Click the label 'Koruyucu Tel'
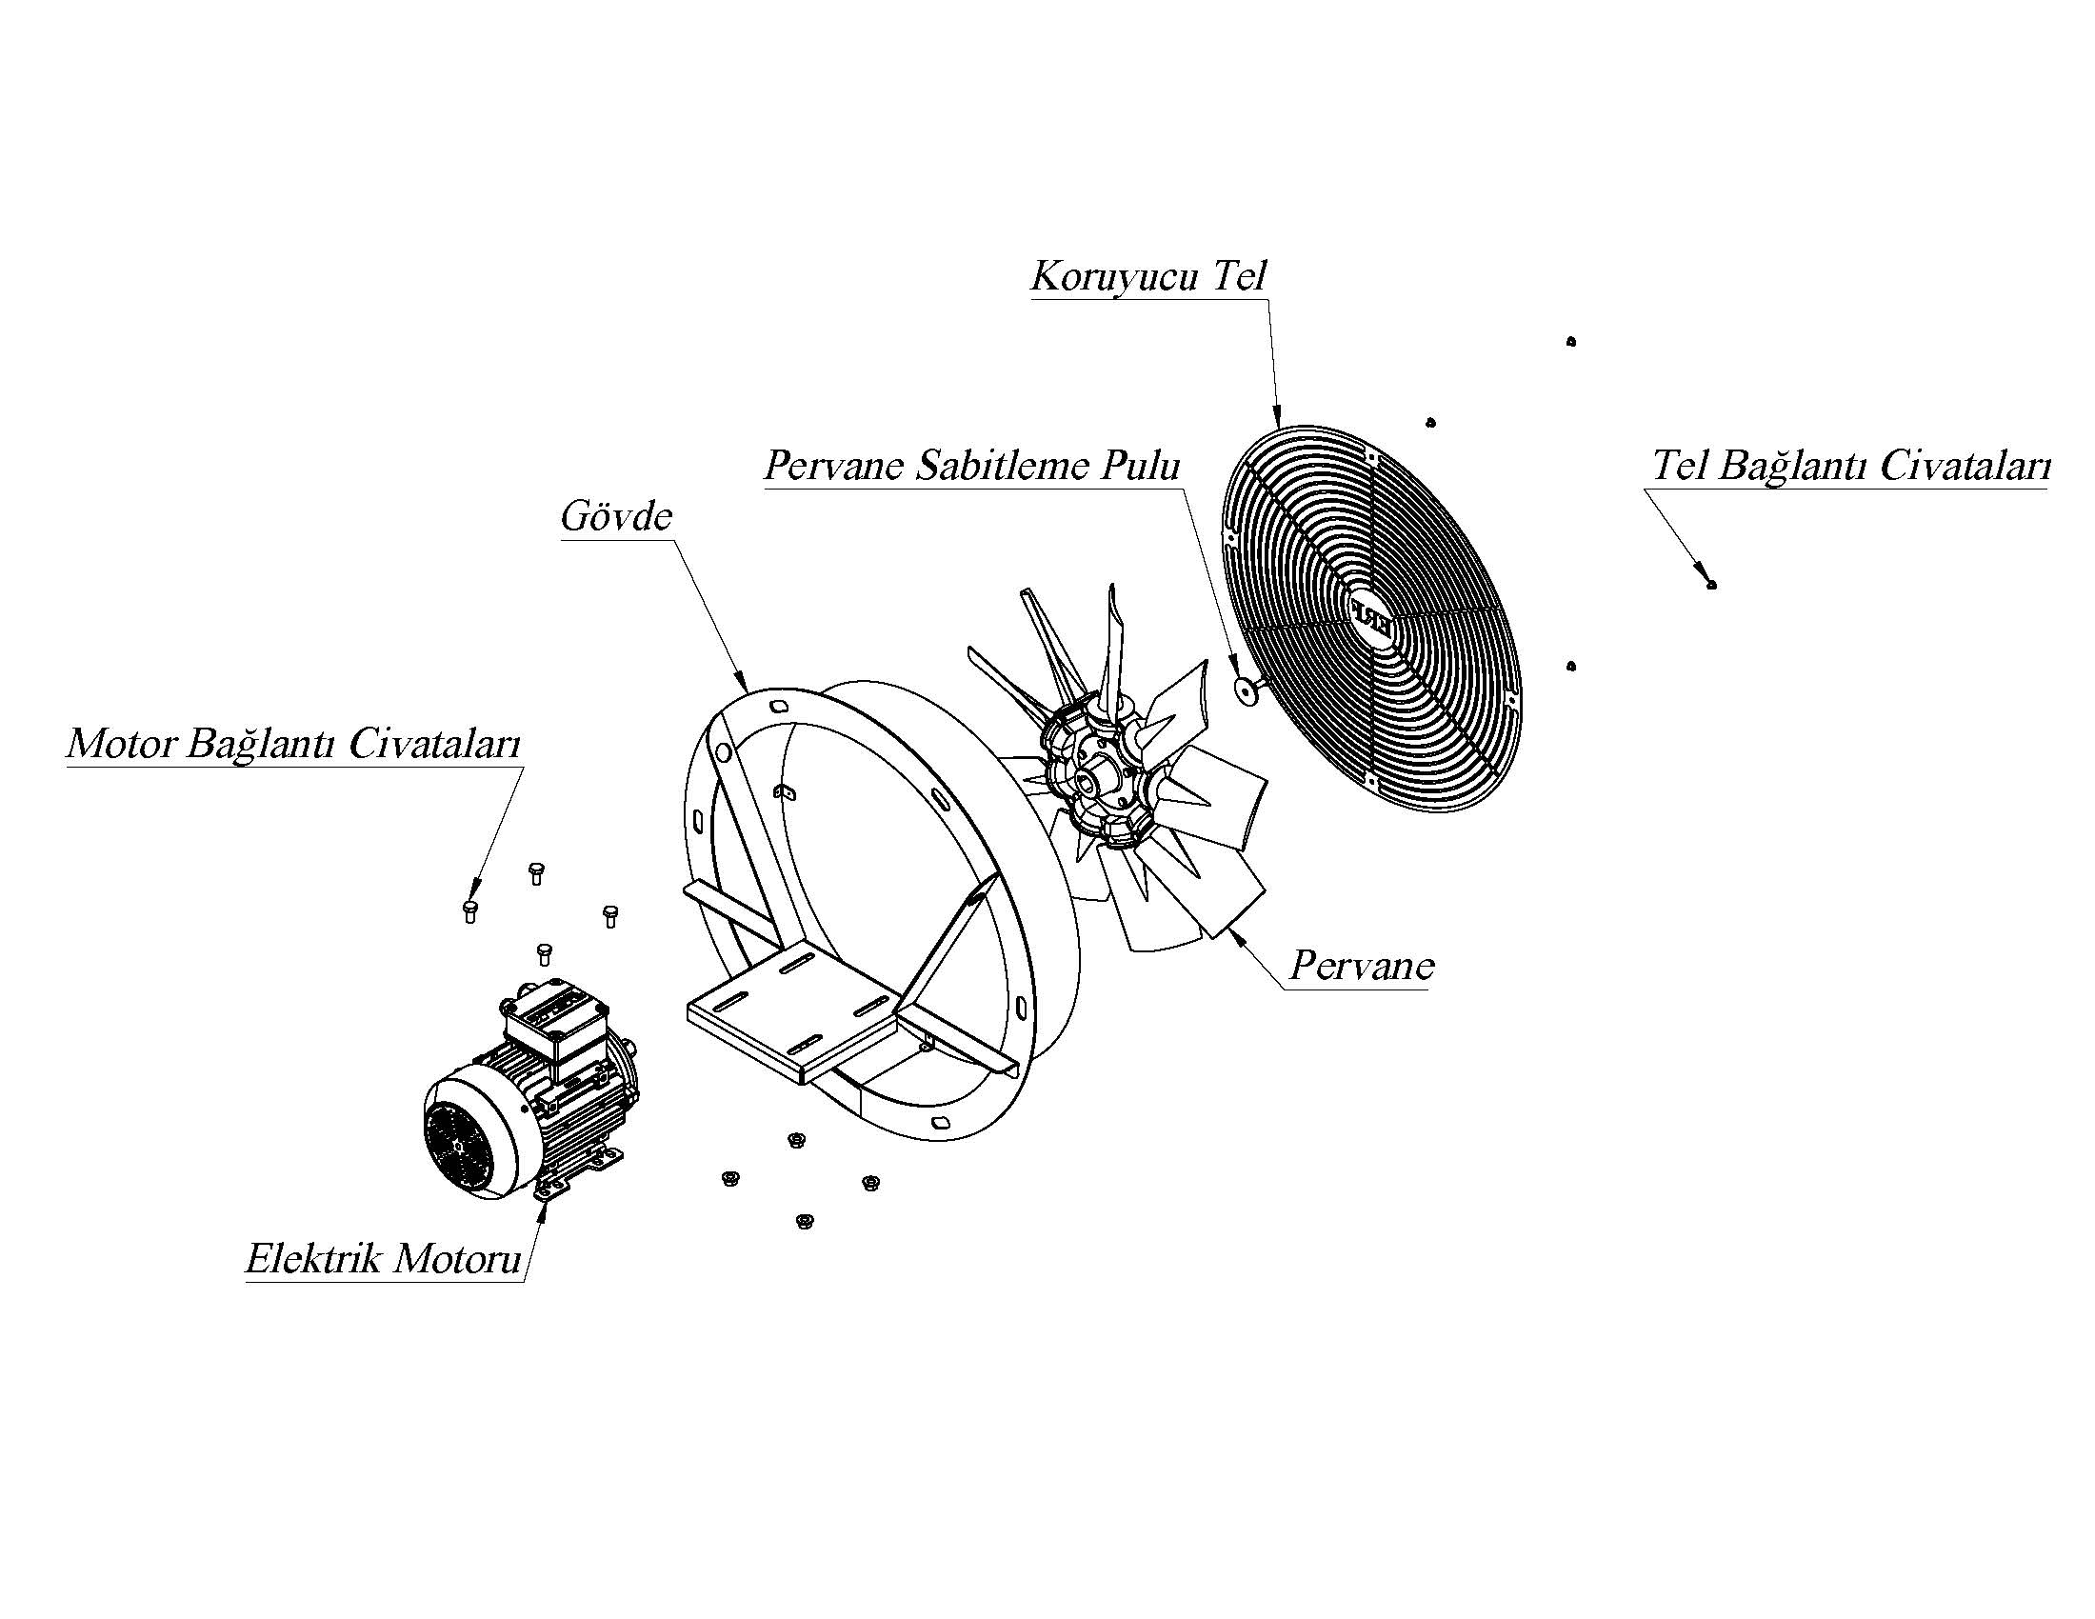click(1148, 277)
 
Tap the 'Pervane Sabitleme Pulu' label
click(971, 467)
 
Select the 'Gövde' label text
click(617, 517)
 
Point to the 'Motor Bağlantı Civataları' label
click(293, 745)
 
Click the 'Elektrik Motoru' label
click(383, 1258)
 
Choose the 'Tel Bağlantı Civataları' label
click(1850, 467)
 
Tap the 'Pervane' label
click(1361, 966)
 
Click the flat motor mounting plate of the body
click(796, 1017)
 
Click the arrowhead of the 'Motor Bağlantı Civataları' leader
click(473, 892)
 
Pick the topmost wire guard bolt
click(1570, 342)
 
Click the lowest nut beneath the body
click(804, 1221)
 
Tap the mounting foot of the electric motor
click(548, 1189)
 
